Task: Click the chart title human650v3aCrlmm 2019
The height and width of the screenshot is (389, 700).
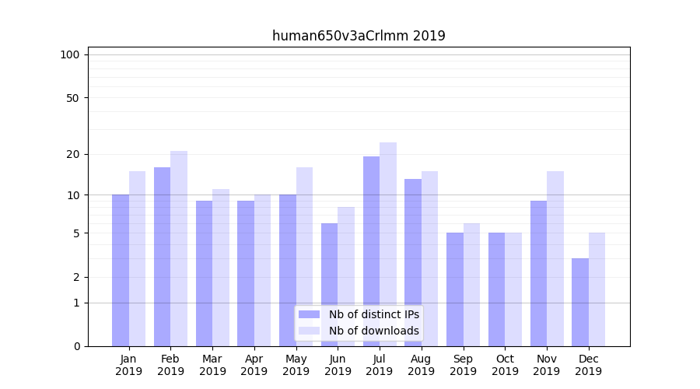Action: [x=359, y=36]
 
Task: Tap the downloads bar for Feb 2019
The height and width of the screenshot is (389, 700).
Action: [x=179, y=248]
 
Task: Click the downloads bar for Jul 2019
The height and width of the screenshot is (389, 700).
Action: [x=388, y=244]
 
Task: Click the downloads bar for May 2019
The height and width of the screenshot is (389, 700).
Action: [x=304, y=257]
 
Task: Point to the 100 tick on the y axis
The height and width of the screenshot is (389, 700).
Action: [x=70, y=54]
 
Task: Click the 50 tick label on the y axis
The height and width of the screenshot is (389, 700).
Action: [x=73, y=98]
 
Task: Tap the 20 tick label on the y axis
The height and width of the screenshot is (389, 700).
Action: [x=73, y=154]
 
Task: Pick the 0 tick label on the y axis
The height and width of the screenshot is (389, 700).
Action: [x=76, y=346]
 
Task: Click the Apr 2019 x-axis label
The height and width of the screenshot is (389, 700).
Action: [x=254, y=365]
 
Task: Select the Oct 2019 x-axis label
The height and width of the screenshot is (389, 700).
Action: [x=505, y=365]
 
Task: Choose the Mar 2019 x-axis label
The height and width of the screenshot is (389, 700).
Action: [x=212, y=365]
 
